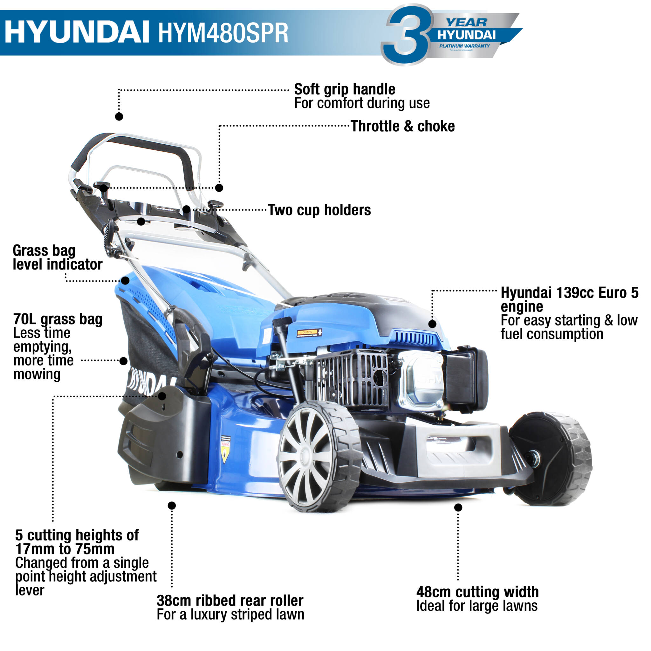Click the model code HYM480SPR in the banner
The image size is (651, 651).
[x=223, y=33]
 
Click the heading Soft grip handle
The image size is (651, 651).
[x=344, y=89]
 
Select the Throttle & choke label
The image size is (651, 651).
[x=403, y=127]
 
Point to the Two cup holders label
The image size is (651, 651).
[x=319, y=210]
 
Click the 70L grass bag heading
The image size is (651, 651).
[x=58, y=319]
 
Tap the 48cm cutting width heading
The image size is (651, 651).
[x=477, y=592]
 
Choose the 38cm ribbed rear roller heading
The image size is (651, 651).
[x=230, y=600]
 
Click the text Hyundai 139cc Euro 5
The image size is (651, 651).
[x=569, y=292]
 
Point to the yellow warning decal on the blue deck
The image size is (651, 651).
[x=225, y=449]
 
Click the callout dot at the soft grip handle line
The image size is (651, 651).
[x=119, y=117]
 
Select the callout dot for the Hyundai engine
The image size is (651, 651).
[x=432, y=324]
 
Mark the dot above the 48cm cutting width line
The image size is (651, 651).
[x=458, y=507]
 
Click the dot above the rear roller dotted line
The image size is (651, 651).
[x=172, y=505]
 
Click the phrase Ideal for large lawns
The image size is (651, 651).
[x=477, y=606]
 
